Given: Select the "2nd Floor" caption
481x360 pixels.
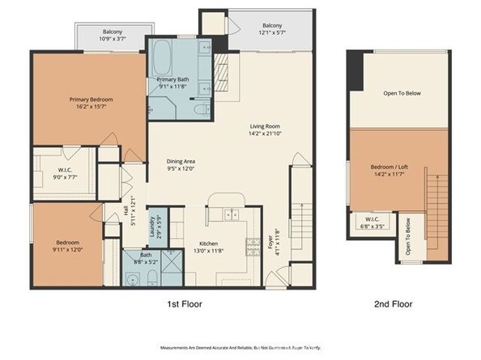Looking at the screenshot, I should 394,305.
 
